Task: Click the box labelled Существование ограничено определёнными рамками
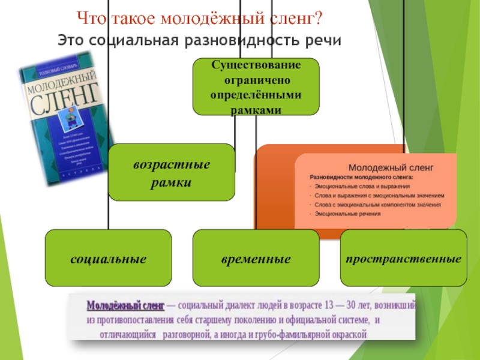pyautogui.click(x=256, y=86)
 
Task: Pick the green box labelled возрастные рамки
pyautogui.click(x=171, y=172)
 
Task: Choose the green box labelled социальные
pyautogui.click(x=109, y=259)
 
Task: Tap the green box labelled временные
pyautogui.click(x=256, y=259)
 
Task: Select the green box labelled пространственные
pyautogui.click(x=403, y=259)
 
